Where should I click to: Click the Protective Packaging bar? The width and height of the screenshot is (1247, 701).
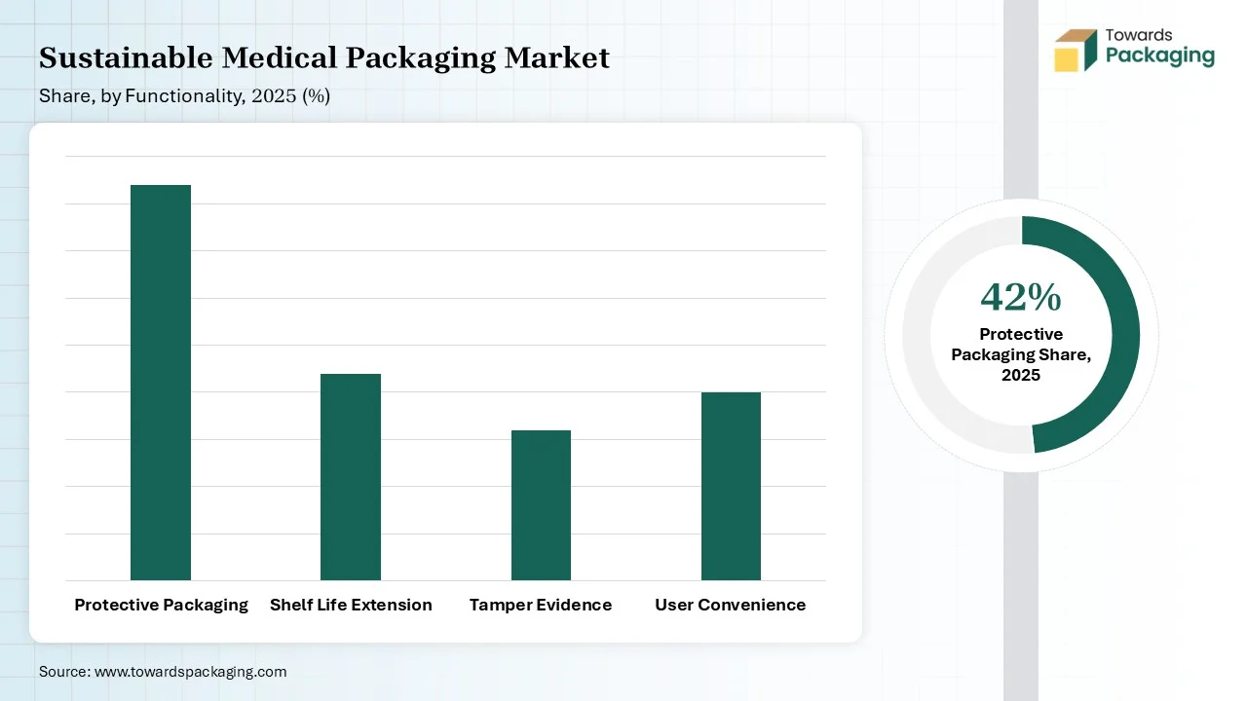tap(161, 382)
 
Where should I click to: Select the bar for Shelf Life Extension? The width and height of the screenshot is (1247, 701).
tap(351, 477)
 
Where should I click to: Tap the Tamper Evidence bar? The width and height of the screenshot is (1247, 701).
tap(541, 505)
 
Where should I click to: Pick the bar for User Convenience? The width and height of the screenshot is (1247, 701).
tap(731, 486)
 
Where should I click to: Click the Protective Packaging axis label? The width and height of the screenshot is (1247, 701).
tap(161, 605)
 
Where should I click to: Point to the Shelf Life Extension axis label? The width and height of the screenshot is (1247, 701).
tap(351, 605)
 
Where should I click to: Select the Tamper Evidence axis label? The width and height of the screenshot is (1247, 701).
tap(541, 605)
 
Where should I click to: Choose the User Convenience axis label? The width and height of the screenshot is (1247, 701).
tap(731, 605)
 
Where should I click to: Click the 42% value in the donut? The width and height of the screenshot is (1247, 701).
tap(1021, 297)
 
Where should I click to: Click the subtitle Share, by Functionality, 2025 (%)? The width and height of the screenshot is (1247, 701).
tap(184, 96)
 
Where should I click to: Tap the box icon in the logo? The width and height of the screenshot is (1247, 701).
tap(1077, 50)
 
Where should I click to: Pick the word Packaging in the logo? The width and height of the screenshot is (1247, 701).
tap(1160, 55)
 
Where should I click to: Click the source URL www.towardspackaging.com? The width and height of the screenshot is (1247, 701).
tap(190, 672)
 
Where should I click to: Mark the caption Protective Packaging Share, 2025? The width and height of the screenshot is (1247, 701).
tap(1021, 354)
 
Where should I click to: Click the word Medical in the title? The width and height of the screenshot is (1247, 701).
tap(280, 58)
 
